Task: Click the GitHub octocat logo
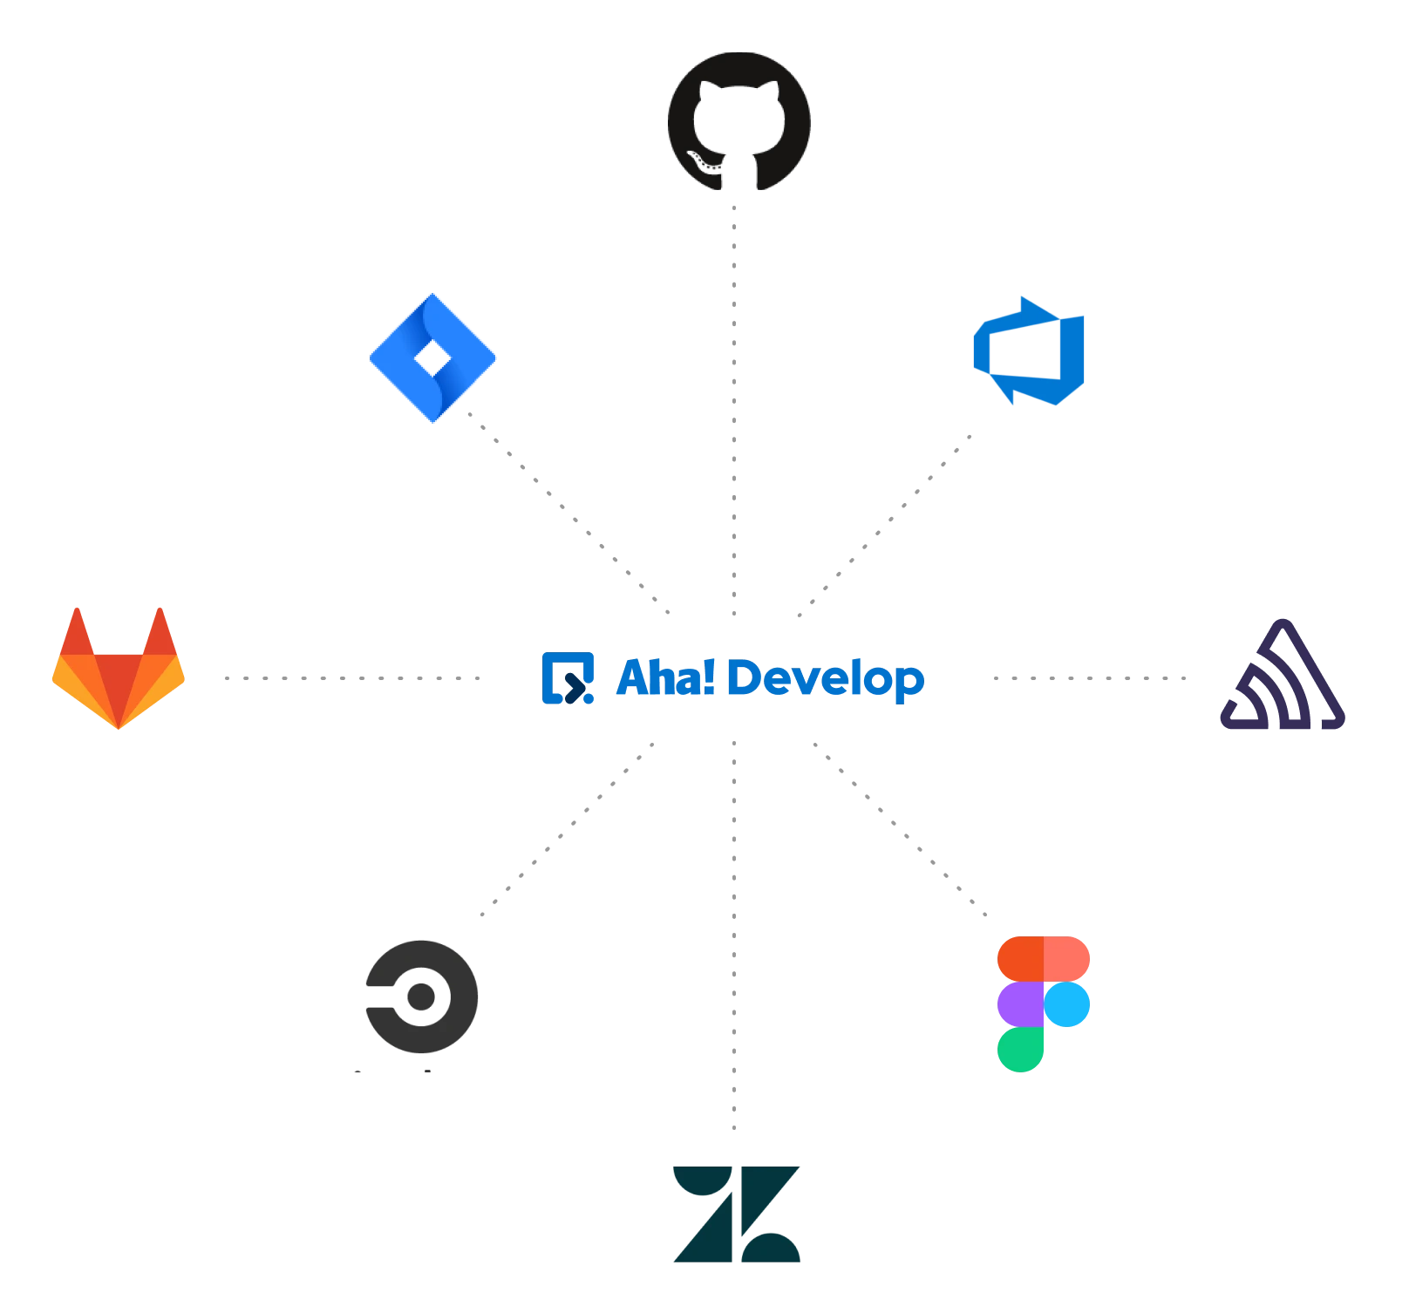tap(738, 122)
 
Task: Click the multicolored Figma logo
tap(1044, 1003)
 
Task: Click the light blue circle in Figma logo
tap(1067, 1004)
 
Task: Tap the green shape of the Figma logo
tap(1021, 1050)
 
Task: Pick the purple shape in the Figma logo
tap(1021, 1004)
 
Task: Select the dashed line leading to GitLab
tap(353, 679)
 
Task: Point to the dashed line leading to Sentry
tap(1088, 679)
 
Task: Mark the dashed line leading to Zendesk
tap(737, 933)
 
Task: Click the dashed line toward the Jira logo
tap(568, 514)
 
